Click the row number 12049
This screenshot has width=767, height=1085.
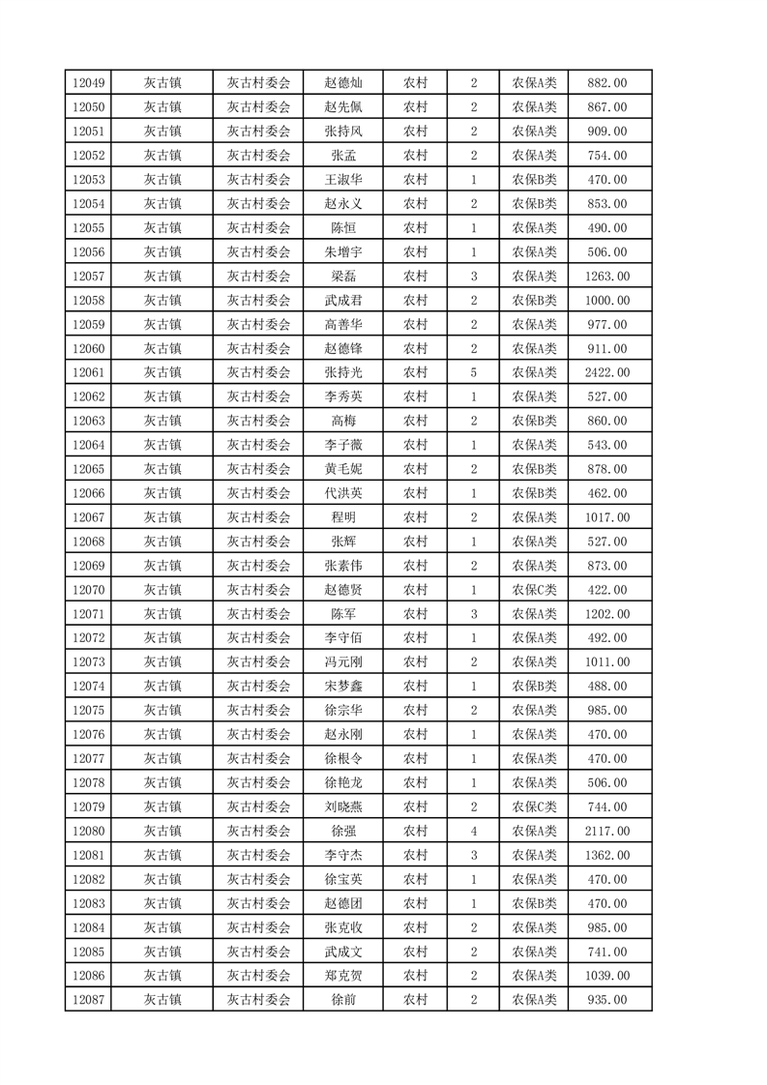tap(88, 83)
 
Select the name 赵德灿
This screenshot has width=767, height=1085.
tap(343, 83)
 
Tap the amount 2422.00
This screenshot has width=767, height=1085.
tap(607, 372)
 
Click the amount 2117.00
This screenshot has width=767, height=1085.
tap(607, 831)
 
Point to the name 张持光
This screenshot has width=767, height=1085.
tap(343, 372)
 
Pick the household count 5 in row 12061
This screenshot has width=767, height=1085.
tap(473, 372)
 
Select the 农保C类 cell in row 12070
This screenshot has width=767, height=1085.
tap(533, 590)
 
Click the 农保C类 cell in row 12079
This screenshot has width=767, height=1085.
tap(533, 806)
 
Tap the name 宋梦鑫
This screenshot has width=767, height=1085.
tap(343, 686)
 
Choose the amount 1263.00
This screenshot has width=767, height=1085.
tap(607, 277)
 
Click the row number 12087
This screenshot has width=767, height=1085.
tap(88, 1000)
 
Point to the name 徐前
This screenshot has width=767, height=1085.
tap(343, 1000)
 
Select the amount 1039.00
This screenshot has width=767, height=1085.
tap(607, 976)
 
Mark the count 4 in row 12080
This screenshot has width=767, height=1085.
tap(473, 831)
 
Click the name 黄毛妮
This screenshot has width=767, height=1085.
tap(343, 469)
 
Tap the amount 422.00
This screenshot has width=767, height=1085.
tap(607, 590)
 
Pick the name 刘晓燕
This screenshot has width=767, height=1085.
tap(343, 806)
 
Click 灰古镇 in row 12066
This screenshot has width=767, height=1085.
tap(162, 493)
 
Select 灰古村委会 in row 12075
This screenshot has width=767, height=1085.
tap(258, 710)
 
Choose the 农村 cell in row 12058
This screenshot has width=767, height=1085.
tap(415, 301)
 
